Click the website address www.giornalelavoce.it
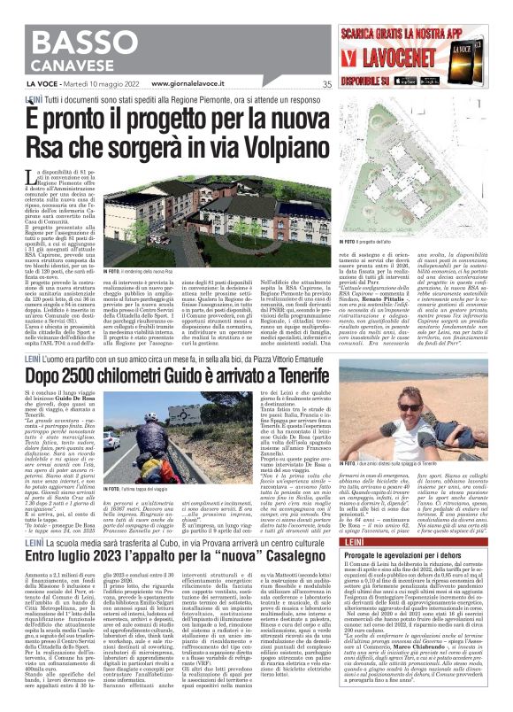point(194,84)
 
